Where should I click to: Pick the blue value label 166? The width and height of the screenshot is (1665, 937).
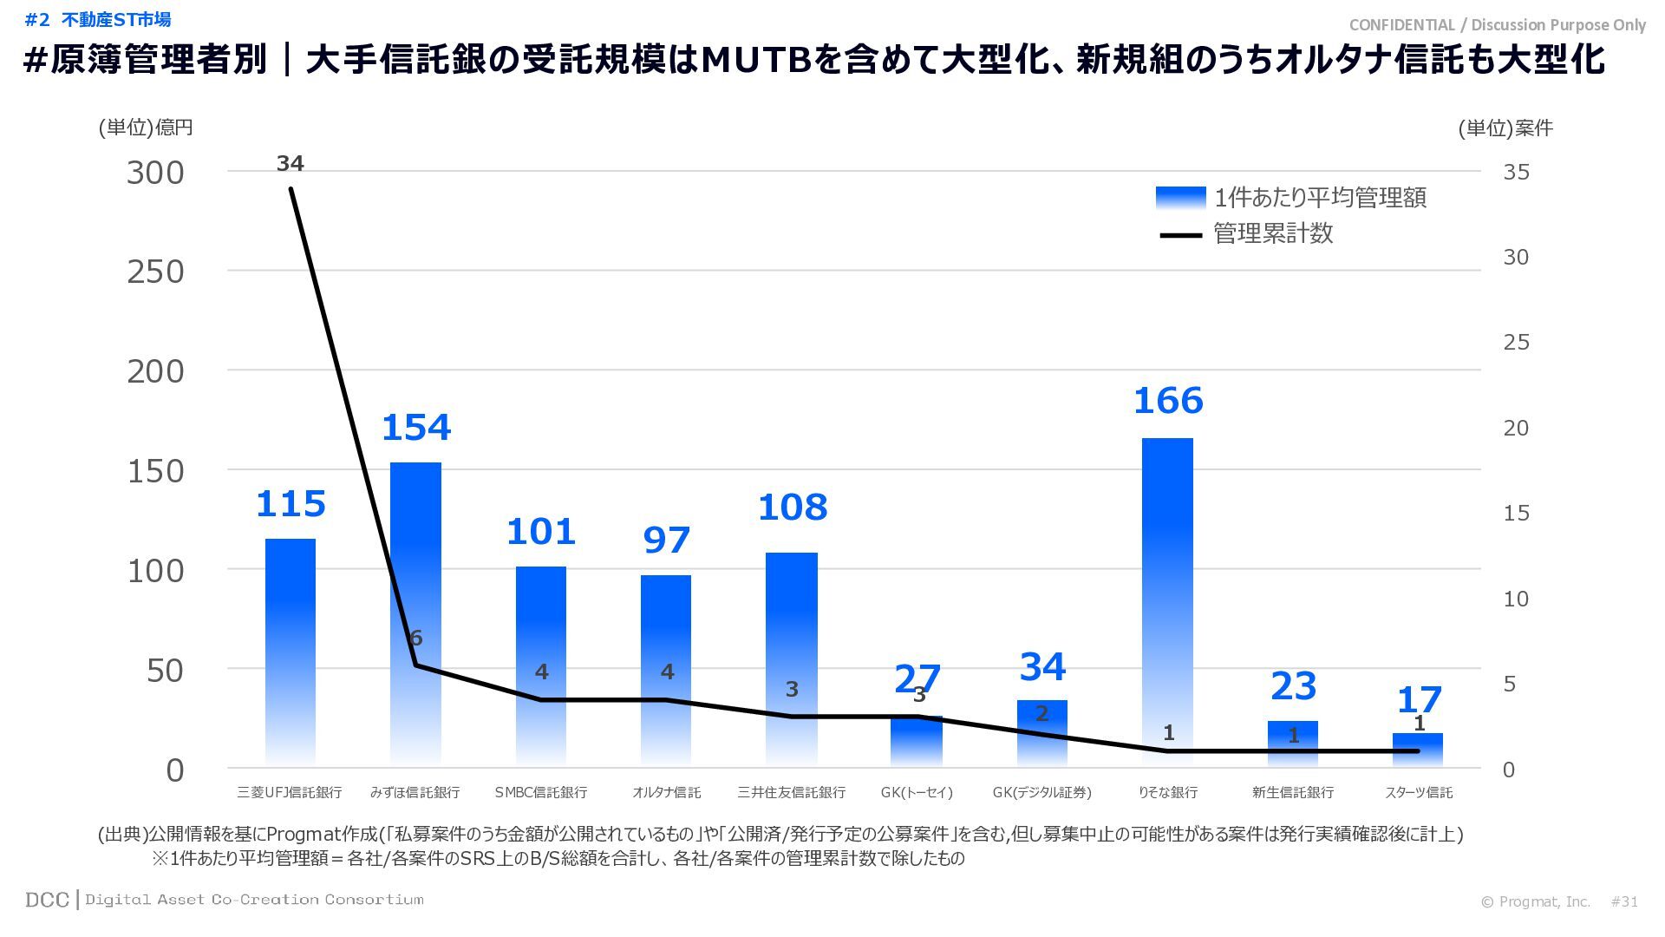pos(1168,401)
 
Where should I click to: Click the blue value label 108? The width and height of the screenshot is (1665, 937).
pos(792,508)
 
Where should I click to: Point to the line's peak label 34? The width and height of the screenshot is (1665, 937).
pos(290,163)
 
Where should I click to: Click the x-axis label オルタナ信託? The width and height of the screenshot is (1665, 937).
pos(666,792)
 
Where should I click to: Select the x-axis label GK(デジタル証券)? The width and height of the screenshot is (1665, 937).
pos(1041,792)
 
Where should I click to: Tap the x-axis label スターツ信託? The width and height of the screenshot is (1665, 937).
pos(1418,792)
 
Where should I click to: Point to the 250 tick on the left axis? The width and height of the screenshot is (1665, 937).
pos(156,272)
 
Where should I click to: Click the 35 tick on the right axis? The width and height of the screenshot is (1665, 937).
pos(1516,172)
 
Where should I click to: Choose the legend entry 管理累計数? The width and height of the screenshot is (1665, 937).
pos(1273,233)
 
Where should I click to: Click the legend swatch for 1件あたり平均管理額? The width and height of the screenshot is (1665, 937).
pos(1180,198)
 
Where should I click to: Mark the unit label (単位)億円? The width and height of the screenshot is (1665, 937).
pos(145,128)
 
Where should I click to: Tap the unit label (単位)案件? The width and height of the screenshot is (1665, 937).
pos(1505,128)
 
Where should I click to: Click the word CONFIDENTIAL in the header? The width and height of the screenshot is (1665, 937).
pos(1401,25)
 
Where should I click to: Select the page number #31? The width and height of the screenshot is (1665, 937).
pos(1624,901)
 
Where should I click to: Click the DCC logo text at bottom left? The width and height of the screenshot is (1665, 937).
pos(47,900)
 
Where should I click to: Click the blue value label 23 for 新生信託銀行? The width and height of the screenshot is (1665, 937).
pos(1293,686)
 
